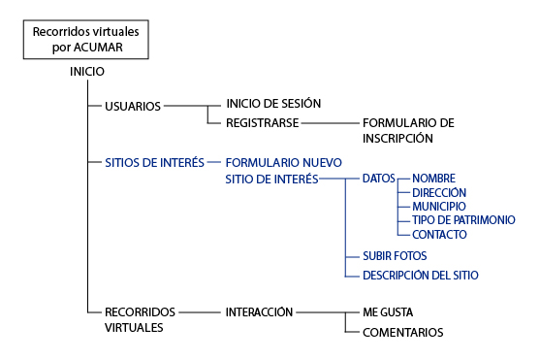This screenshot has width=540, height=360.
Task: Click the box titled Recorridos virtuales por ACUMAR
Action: pyautogui.click(x=85, y=39)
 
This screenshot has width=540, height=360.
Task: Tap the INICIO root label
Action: pyautogui.click(x=87, y=72)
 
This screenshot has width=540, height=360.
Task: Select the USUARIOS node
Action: pyautogui.click(x=133, y=106)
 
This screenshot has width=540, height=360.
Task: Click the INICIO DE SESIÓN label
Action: pyautogui.click(x=272, y=103)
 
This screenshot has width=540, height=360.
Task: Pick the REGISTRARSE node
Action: pyautogui.click(x=262, y=123)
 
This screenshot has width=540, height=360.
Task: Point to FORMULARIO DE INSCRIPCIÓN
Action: pyautogui.click(x=407, y=131)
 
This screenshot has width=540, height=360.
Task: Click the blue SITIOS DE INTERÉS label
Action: pyautogui.click(x=154, y=163)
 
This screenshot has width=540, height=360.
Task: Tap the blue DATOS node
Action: pyautogui.click(x=378, y=179)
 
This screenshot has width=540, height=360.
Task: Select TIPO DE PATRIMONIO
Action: pyautogui.click(x=463, y=220)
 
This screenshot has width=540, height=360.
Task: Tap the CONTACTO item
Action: pyautogui.click(x=440, y=235)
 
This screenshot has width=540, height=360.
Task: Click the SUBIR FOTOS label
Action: pyautogui.click(x=395, y=256)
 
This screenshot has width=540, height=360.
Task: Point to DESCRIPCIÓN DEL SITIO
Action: pyautogui.click(x=420, y=275)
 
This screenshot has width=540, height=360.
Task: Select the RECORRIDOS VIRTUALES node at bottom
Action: pyautogui.click(x=141, y=319)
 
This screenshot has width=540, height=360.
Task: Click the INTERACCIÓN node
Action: pyautogui.click(x=259, y=312)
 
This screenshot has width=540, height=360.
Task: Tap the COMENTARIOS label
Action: pyautogui.click(x=402, y=332)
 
